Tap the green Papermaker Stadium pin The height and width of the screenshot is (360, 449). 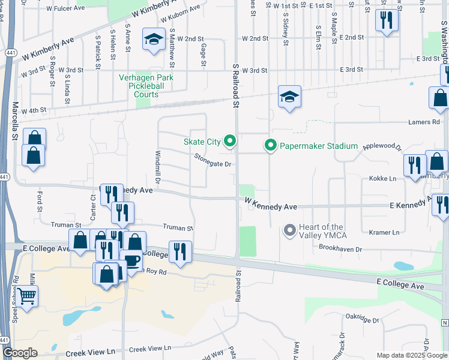point(270,146)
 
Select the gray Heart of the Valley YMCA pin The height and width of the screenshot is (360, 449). point(289,230)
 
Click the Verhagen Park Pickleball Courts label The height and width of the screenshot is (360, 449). point(146,86)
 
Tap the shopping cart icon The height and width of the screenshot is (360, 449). point(26,295)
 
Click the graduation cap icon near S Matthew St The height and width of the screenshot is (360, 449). point(154,40)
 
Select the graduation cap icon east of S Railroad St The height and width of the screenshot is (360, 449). point(289,97)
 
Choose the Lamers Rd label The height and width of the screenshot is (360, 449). point(427,122)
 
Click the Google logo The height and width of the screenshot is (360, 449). point(20,352)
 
